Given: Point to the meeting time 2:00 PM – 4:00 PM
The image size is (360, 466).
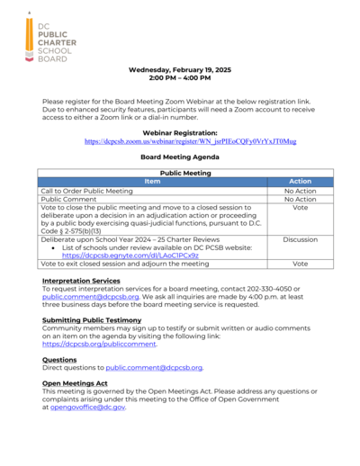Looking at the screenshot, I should coord(180,78).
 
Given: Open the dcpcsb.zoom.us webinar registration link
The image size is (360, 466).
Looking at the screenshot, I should coord(190,142).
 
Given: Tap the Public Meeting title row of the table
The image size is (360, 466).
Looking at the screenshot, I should coord(185,173).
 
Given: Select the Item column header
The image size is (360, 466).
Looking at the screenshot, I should coord(151,182).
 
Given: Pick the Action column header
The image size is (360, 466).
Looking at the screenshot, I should coord(301,182).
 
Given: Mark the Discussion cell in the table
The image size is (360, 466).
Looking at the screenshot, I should coord(301,240).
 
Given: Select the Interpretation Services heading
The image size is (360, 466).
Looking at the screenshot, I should coord(81,282).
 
